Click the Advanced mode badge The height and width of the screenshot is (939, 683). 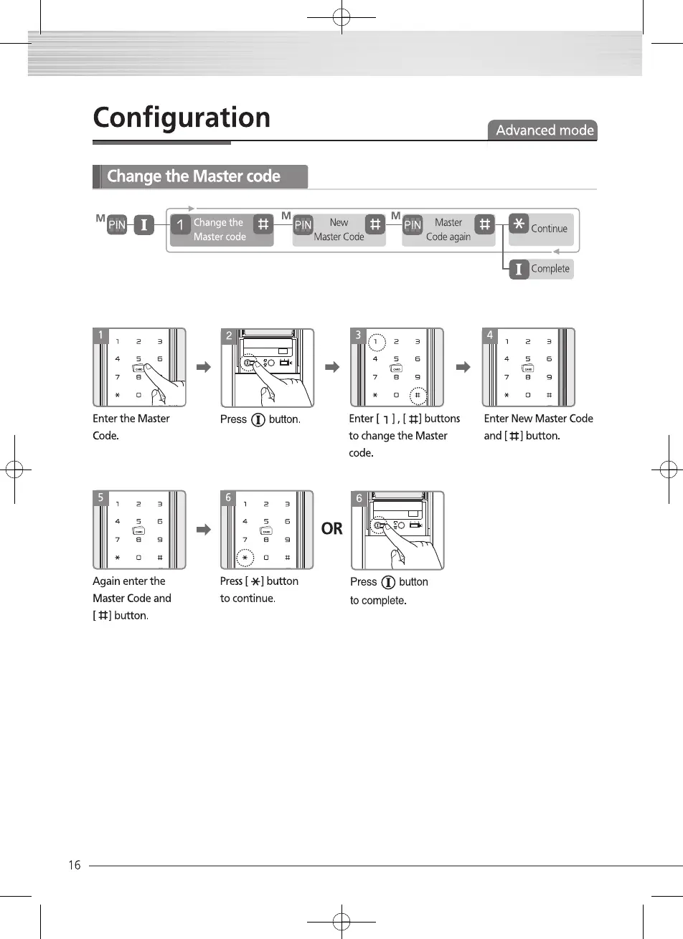[x=545, y=130]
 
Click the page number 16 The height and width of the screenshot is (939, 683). [x=75, y=865]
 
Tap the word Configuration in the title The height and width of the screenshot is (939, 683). [x=182, y=118]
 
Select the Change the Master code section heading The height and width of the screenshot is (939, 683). [x=194, y=176]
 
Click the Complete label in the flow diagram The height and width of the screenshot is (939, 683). [x=550, y=269]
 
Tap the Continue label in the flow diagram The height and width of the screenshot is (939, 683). [x=549, y=229]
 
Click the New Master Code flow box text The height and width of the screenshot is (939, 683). [x=339, y=229]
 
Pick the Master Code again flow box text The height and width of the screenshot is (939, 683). [x=448, y=229]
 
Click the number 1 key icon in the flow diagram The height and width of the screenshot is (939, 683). [x=180, y=225]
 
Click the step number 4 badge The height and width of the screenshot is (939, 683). [x=490, y=335]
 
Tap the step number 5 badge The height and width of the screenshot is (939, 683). [x=101, y=497]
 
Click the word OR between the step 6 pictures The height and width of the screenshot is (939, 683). [x=332, y=529]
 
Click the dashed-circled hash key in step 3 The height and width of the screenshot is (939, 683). [x=418, y=395]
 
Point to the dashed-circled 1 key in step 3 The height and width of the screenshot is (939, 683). [x=375, y=342]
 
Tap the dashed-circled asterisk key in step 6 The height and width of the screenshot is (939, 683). [x=245, y=558]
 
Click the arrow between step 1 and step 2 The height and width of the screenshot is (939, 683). [x=204, y=368]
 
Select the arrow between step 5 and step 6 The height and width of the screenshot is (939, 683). [x=204, y=530]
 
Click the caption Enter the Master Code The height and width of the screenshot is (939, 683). [x=131, y=427]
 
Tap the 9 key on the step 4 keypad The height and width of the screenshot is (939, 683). [x=549, y=377]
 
